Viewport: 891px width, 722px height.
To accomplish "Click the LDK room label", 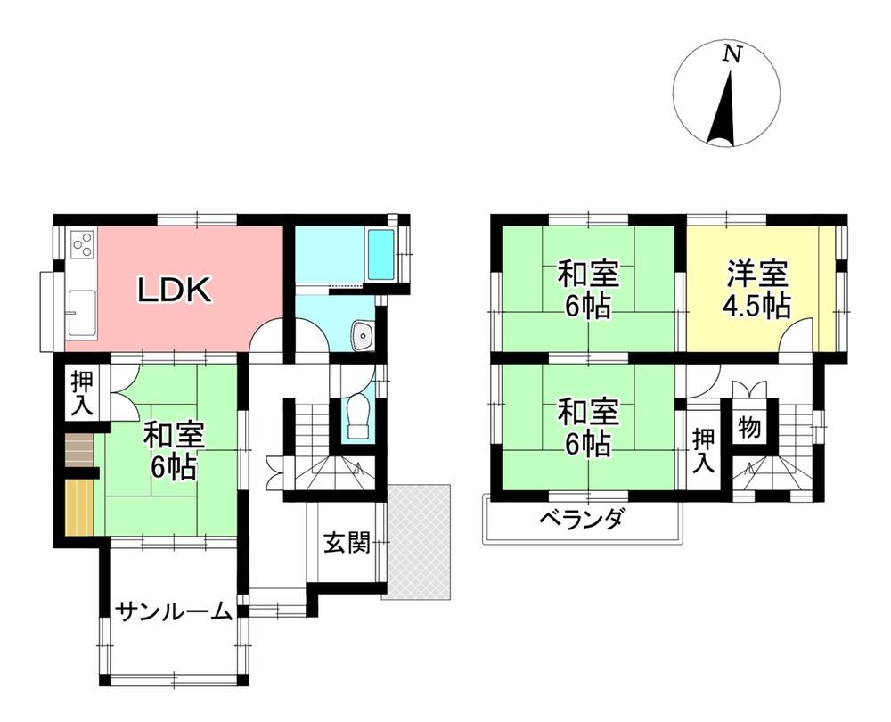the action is coord(175,290).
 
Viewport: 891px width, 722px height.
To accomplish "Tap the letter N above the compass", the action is coord(732,54).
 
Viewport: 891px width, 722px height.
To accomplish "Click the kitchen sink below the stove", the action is coord(82,313).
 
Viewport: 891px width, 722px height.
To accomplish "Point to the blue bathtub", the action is coord(380,254).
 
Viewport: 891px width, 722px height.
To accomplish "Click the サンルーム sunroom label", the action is coord(175,613).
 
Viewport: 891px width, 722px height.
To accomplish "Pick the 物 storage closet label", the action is coord(749,427).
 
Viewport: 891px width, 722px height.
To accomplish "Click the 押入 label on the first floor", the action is coord(82,393).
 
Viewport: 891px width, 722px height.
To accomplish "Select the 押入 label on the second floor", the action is coord(704,451).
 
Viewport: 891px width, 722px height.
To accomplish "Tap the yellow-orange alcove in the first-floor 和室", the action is coord(79,507).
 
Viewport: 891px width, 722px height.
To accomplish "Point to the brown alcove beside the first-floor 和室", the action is coord(78,450).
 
